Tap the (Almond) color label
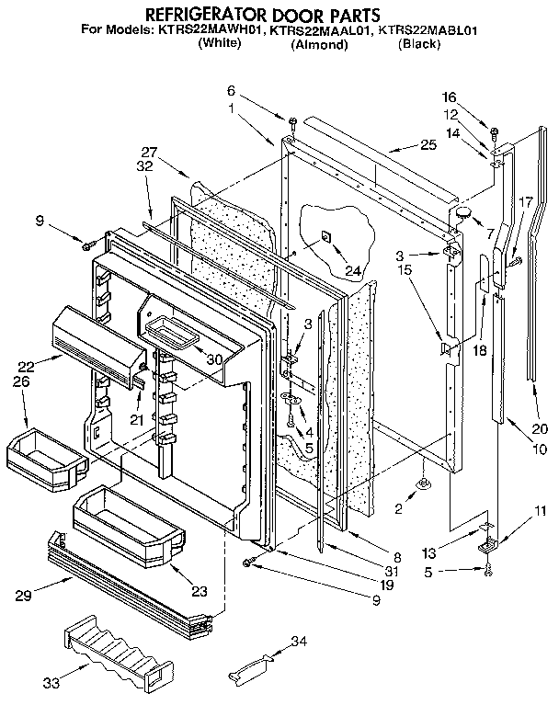pyautogui.click(x=319, y=44)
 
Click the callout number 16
pyautogui.click(x=449, y=96)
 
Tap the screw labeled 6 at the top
pyautogui.click(x=291, y=121)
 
